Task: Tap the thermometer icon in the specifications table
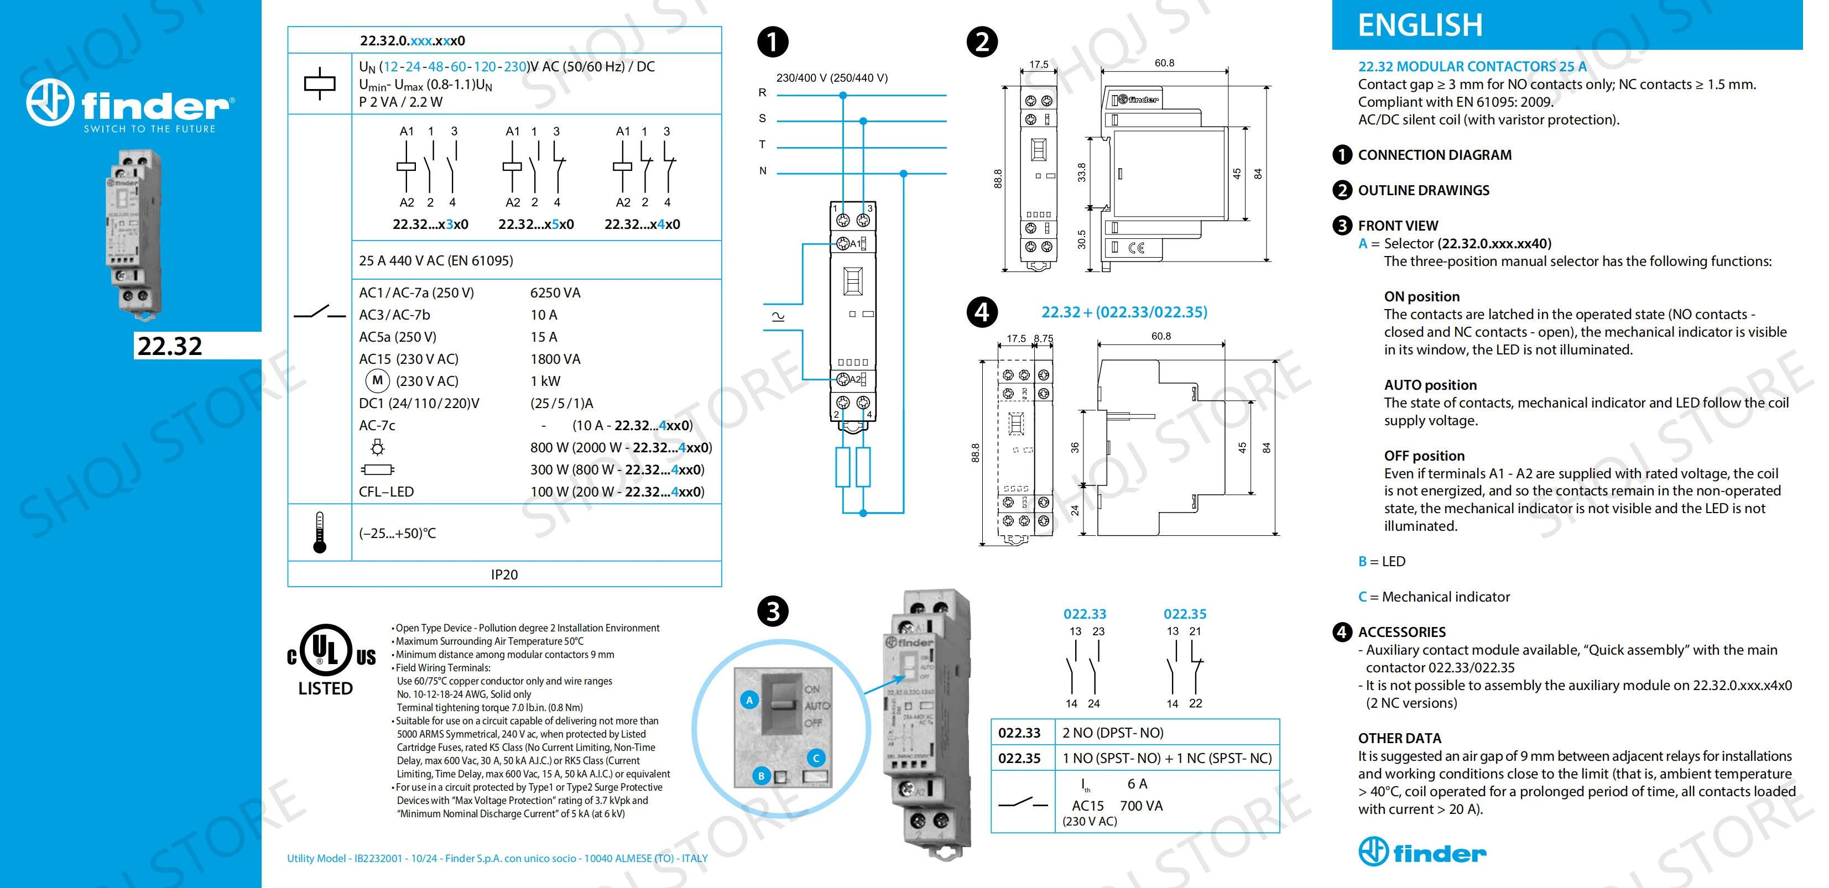pos(320,532)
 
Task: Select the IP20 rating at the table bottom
pos(504,574)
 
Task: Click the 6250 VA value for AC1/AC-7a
pos(555,292)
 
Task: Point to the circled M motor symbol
pos(378,380)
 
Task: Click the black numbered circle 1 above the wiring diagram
pos(773,42)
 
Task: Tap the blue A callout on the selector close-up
pos(749,700)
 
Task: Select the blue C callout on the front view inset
pos(816,758)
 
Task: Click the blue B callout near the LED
pos(761,776)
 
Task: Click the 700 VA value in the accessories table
pos(1141,806)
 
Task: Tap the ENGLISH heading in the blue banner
pos(1420,25)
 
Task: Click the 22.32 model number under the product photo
pos(170,346)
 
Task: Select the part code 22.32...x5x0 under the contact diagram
pos(536,224)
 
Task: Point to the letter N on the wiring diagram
pos(763,170)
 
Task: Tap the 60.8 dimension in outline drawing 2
pos(1164,63)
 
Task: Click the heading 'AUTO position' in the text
pos(1430,385)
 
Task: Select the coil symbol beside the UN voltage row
pos(320,83)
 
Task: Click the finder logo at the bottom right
pos(1422,851)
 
